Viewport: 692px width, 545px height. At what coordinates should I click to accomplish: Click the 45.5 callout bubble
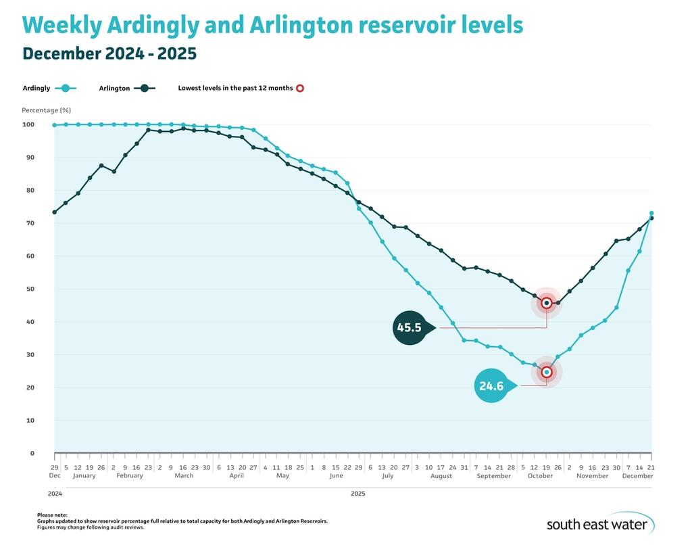click(410, 327)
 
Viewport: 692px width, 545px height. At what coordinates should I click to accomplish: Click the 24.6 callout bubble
click(491, 386)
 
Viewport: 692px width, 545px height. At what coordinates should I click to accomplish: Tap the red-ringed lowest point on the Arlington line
click(547, 303)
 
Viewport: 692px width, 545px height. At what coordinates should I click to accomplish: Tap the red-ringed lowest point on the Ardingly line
click(547, 372)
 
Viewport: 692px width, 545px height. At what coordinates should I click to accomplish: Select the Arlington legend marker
click(144, 88)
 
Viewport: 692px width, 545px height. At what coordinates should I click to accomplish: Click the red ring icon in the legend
click(300, 88)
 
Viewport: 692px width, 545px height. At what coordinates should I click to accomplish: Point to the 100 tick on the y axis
click(28, 124)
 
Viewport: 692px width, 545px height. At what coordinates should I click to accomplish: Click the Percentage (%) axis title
click(46, 110)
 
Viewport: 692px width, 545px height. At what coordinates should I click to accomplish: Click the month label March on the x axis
click(184, 476)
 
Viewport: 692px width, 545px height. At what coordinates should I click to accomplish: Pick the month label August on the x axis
click(441, 476)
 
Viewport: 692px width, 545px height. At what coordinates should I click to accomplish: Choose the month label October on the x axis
click(540, 476)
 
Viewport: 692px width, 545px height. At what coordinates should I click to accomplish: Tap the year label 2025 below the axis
click(358, 494)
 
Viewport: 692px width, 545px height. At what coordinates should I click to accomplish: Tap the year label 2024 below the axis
click(54, 494)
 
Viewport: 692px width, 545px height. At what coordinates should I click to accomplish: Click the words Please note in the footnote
click(52, 515)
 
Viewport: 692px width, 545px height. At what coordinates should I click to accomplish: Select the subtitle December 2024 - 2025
click(109, 53)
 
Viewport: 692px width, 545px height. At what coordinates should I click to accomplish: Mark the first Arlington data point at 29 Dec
click(54, 212)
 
